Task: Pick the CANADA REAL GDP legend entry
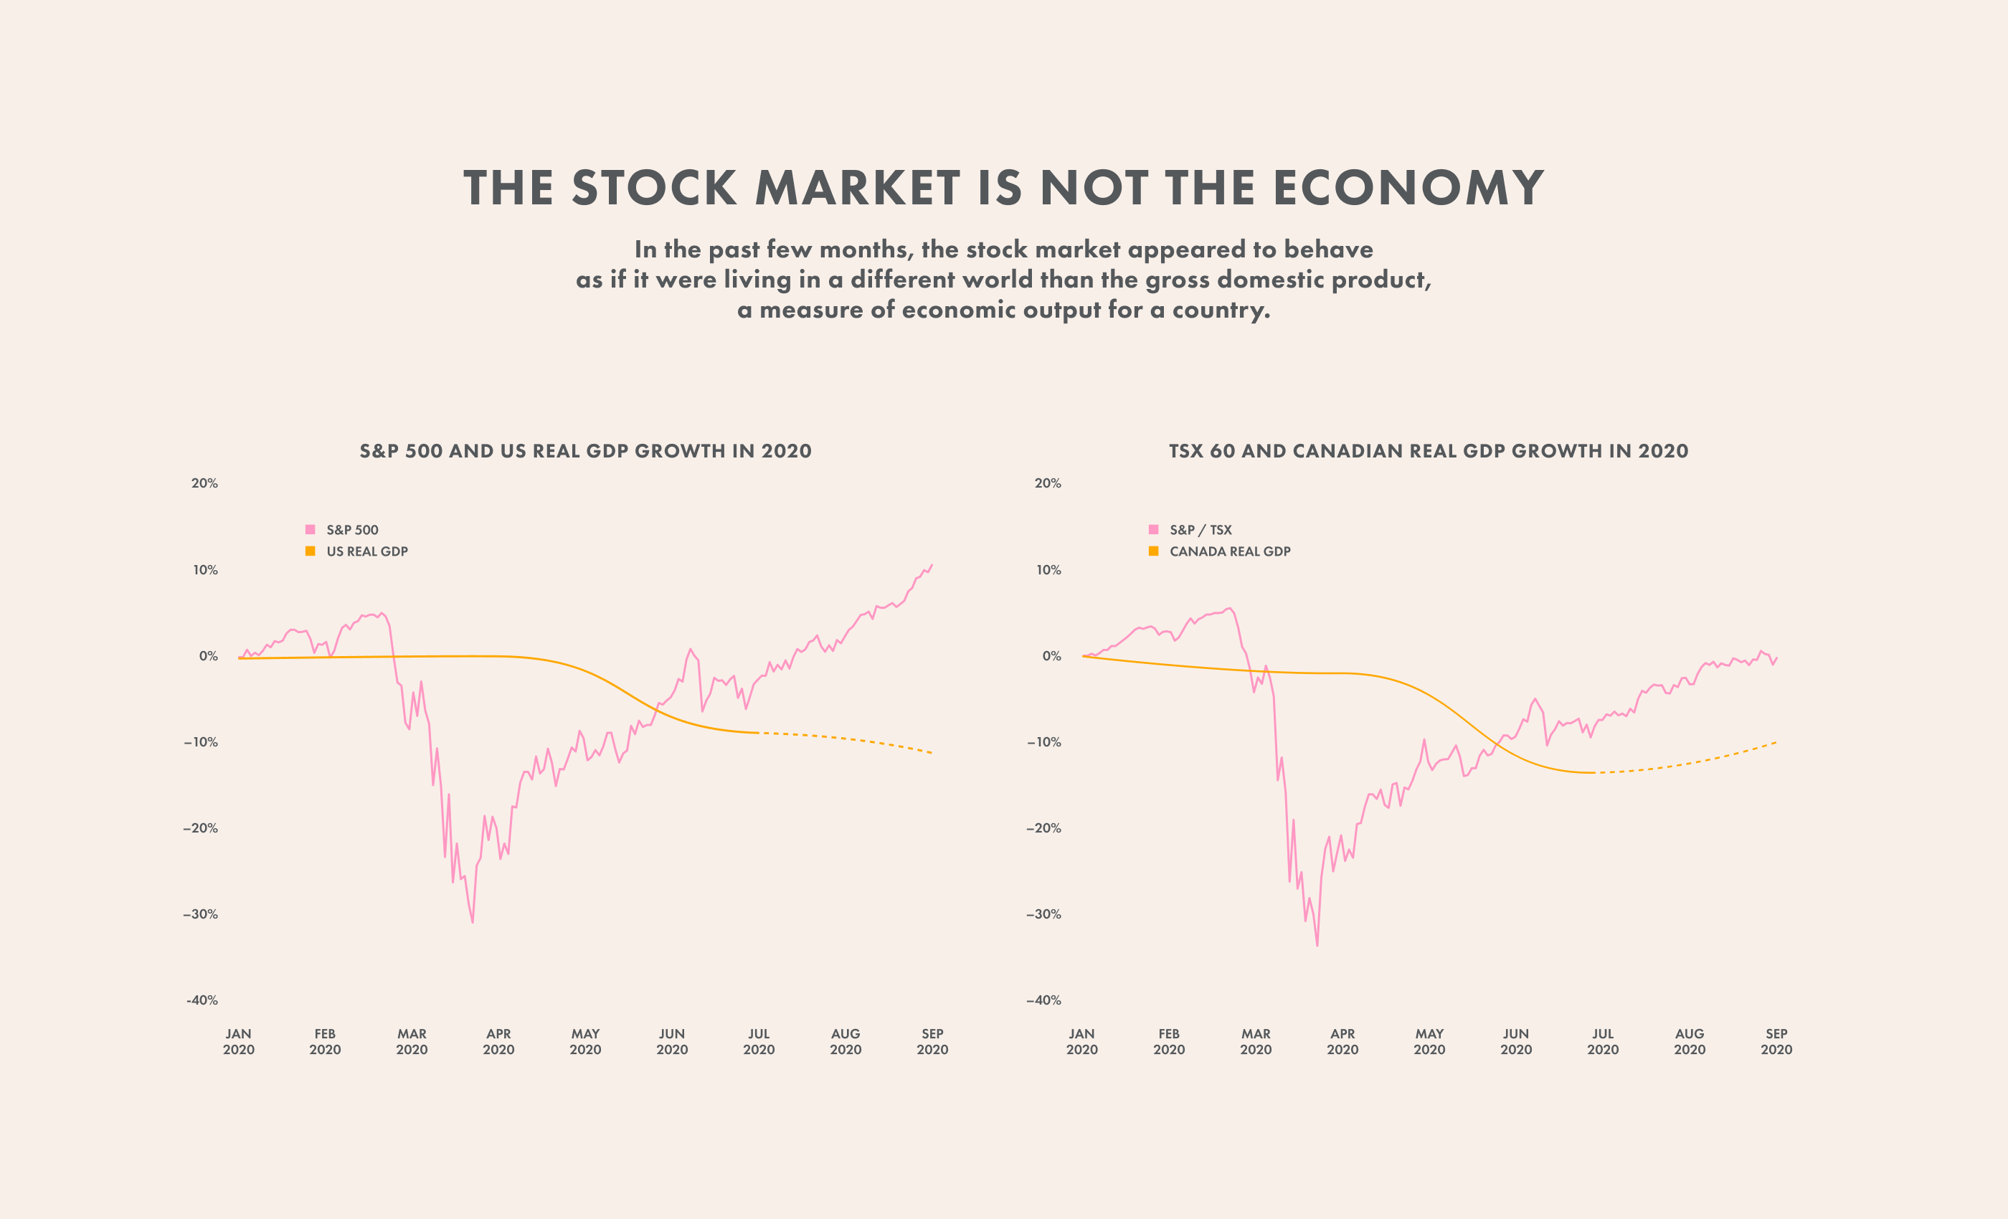[1229, 551]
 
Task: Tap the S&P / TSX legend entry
[1200, 530]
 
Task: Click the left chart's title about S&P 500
[585, 450]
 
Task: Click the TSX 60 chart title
[1428, 450]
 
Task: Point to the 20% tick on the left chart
[204, 483]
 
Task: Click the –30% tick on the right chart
[1044, 914]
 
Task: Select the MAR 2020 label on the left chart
[412, 1041]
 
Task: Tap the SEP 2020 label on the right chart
[1776, 1041]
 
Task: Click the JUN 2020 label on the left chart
[671, 1041]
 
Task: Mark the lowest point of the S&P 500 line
[473, 921]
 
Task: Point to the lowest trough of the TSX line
[1317, 945]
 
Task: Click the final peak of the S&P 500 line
[932, 565]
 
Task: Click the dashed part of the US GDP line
[848, 739]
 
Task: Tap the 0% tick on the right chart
[1051, 656]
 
